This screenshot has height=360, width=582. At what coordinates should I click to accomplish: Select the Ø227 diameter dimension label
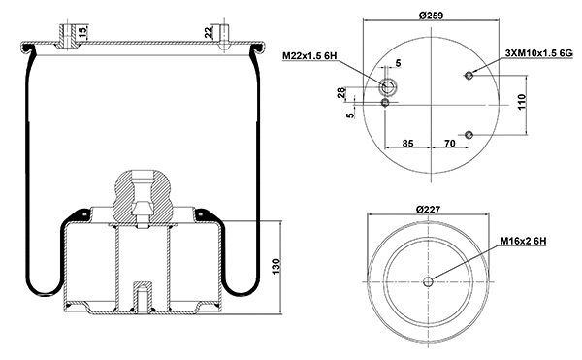pyautogui.click(x=428, y=210)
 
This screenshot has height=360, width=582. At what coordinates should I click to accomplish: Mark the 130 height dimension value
pyautogui.click(x=276, y=265)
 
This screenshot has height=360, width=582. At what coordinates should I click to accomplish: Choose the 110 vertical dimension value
pyautogui.click(x=521, y=101)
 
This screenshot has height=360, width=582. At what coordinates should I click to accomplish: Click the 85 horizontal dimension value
pyautogui.click(x=407, y=144)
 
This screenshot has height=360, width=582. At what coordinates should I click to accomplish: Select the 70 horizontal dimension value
pyautogui.click(x=449, y=144)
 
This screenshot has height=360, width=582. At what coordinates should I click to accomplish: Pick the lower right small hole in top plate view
pyautogui.click(x=469, y=134)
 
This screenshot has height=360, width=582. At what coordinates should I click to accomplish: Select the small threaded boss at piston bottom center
pyautogui.click(x=142, y=296)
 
